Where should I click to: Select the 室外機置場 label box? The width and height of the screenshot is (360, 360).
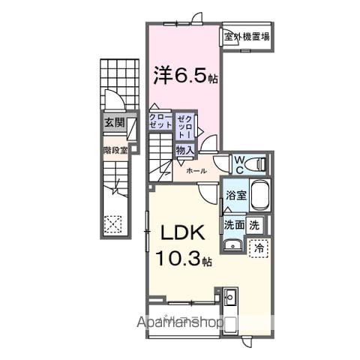(247, 36)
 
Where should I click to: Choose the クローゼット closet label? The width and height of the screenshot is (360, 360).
(160, 121)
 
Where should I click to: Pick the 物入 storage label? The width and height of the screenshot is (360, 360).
(184, 150)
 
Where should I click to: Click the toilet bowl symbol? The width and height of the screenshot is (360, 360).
(256, 163)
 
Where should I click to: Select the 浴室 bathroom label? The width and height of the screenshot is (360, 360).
(234, 196)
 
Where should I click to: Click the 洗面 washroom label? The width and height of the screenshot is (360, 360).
(233, 224)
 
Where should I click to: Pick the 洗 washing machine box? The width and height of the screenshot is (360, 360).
(256, 224)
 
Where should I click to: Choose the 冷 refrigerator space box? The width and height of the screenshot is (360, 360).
(259, 245)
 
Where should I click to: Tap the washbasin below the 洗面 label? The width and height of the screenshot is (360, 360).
(232, 244)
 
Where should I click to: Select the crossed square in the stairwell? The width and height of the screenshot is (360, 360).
(113, 223)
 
